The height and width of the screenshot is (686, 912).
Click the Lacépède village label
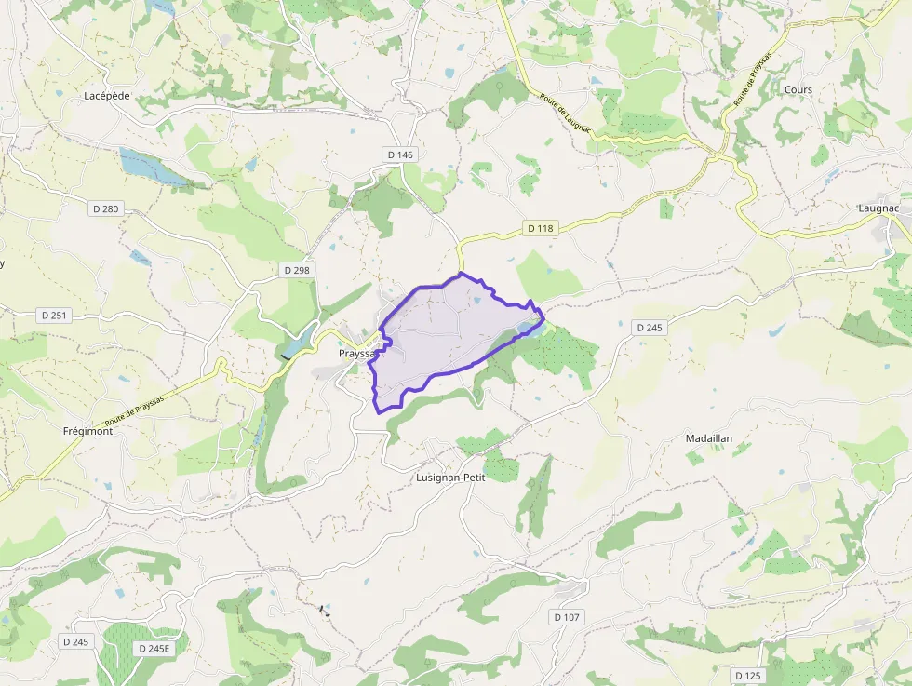coord(107,96)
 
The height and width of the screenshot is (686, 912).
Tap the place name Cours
coord(798,90)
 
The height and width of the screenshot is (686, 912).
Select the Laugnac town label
coord(878,208)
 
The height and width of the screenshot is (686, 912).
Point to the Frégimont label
coord(87,432)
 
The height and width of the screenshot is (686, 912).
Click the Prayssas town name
coord(356,355)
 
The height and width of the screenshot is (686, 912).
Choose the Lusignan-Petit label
coord(450,477)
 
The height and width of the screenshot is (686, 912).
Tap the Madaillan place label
coord(709,438)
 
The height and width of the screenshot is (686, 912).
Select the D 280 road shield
coord(106,209)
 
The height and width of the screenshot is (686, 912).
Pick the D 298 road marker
coord(297,270)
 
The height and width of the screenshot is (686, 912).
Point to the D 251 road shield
coord(54,316)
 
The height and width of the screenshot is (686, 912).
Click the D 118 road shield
coord(540,228)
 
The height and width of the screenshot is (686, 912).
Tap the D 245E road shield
coord(154,649)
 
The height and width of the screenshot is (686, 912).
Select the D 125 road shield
coord(747,675)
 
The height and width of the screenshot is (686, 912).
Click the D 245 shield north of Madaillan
coord(650,328)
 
